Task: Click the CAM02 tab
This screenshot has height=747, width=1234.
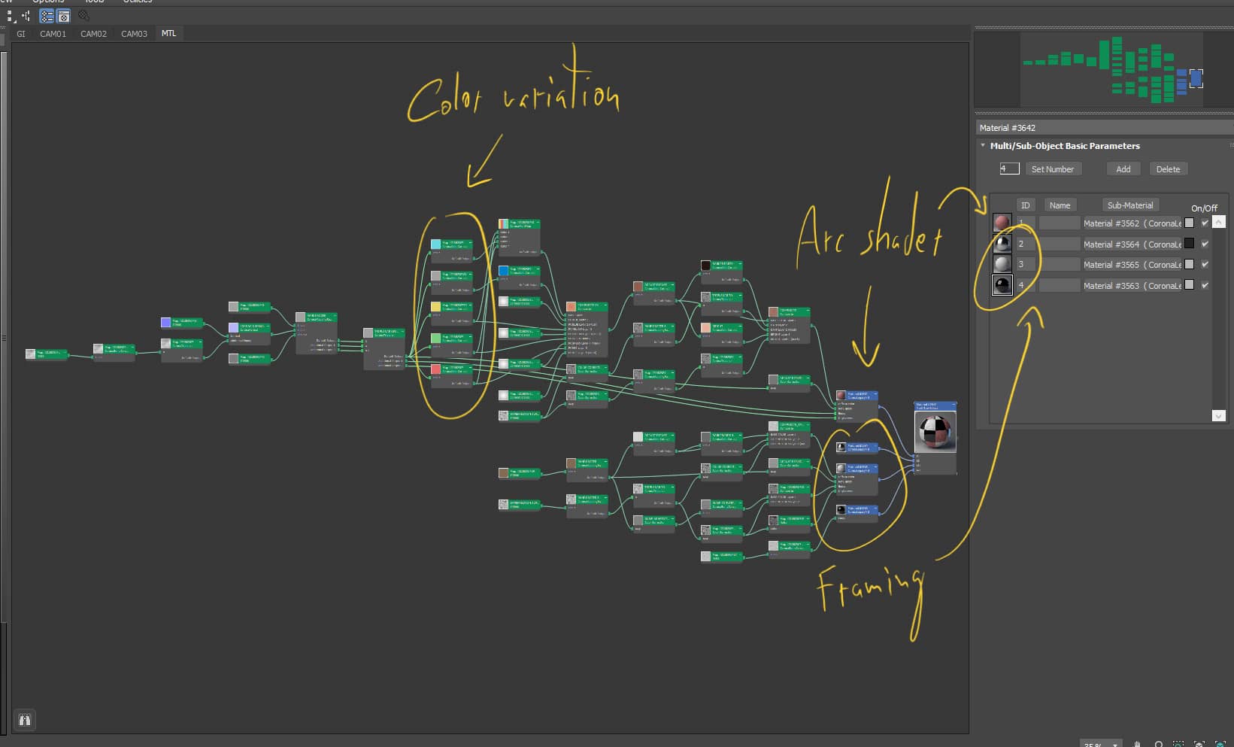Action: pos(93,34)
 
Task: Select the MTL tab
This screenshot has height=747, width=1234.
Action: pos(168,34)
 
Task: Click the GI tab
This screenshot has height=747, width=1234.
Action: pos(21,34)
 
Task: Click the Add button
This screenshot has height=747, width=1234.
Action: pos(1123,169)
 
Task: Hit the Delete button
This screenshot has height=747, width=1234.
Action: pos(1167,169)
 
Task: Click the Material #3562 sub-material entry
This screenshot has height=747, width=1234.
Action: pos(1131,223)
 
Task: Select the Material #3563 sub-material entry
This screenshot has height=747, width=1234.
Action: pos(1131,286)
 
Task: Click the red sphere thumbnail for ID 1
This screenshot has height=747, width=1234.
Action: pos(1002,223)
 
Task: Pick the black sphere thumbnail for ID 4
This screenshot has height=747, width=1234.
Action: pos(1002,285)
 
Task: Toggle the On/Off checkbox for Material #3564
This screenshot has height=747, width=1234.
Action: pos(1205,244)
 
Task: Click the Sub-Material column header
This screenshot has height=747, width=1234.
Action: pos(1129,205)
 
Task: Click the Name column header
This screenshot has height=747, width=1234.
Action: pos(1060,205)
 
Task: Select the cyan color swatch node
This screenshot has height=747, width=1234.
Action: pos(436,244)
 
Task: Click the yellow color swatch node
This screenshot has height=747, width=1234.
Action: pos(436,307)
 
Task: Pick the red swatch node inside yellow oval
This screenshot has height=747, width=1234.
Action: pos(436,369)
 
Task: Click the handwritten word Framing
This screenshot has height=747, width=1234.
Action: pos(869,587)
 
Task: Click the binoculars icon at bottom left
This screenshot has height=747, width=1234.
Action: pos(25,720)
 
